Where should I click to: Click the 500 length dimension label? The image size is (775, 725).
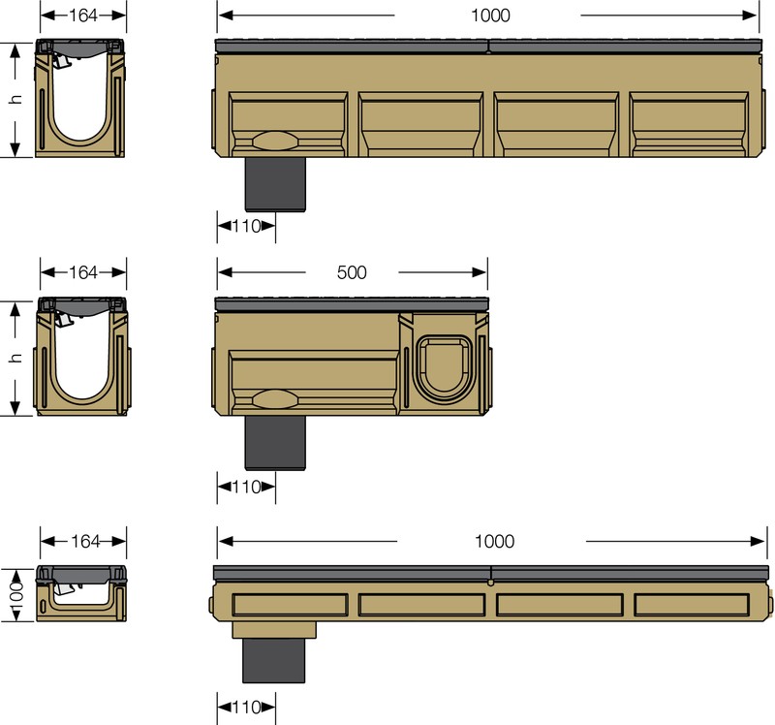click(352, 272)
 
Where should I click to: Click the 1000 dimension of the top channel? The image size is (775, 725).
click(490, 16)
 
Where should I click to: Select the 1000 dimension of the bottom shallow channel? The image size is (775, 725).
click(494, 542)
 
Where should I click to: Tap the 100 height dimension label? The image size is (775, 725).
click(16, 596)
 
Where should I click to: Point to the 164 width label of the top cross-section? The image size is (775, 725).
click(83, 16)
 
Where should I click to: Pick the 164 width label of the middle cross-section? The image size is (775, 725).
click(83, 272)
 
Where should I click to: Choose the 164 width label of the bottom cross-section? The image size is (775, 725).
click(85, 542)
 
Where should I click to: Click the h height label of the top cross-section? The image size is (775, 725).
click(15, 99)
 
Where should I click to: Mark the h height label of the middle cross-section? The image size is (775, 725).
click(15, 358)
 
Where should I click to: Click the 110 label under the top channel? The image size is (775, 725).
click(246, 227)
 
